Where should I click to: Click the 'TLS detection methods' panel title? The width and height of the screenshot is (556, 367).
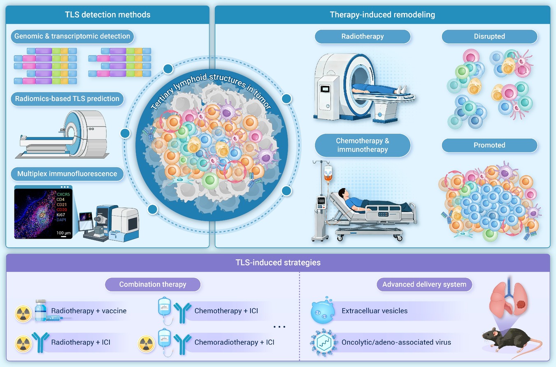pos(107,15)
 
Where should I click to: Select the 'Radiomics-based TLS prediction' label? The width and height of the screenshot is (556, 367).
pos(67,99)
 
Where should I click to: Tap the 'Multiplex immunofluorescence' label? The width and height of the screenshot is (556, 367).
pos(67,174)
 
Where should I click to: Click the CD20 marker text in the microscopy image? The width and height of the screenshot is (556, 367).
pos(62,210)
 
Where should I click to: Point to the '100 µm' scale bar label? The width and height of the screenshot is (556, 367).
pos(63,233)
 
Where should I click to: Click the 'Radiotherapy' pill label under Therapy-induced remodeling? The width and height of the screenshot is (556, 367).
pos(363,37)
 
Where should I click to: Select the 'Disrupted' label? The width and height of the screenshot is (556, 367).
pos(489,37)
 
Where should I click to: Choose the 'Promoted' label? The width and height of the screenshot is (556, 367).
pos(489,145)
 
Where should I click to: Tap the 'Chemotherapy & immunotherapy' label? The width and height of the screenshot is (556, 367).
pos(363,145)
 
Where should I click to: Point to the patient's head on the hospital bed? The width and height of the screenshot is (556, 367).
pos(342,193)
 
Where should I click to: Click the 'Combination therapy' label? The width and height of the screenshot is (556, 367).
pos(153,284)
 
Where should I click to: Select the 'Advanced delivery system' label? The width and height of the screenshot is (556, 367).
pos(424,284)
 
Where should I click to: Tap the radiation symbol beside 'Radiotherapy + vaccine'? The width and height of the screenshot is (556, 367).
pos(23,314)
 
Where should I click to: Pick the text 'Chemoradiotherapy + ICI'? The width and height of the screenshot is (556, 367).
pos(234,342)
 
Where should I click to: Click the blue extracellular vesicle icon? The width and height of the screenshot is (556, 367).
pos(322,311)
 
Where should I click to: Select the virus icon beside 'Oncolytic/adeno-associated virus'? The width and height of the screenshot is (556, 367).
pos(323,343)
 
